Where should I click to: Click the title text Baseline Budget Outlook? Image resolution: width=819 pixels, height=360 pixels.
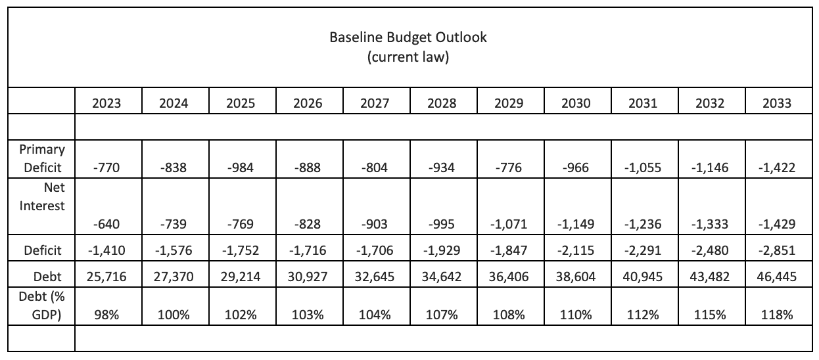click(x=408, y=37)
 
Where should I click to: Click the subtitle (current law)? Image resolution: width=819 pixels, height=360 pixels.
click(x=408, y=56)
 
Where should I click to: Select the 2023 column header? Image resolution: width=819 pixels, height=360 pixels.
click(x=108, y=103)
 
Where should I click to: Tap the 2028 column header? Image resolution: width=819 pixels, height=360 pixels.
click(x=442, y=103)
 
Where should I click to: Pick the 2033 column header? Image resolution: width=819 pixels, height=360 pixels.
click(x=778, y=103)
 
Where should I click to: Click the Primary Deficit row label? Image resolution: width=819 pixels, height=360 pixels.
click(x=43, y=158)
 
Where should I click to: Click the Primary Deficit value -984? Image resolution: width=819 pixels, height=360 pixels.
click(x=242, y=168)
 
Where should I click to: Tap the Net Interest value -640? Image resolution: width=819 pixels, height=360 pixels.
click(x=108, y=225)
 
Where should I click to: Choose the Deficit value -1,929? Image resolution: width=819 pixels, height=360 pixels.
click(x=442, y=250)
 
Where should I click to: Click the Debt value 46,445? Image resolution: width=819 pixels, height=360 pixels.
click(x=778, y=277)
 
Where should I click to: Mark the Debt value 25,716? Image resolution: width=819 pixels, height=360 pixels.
click(x=108, y=277)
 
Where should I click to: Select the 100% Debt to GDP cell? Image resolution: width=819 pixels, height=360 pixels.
click(x=175, y=315)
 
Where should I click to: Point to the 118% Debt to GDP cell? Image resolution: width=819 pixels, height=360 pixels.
click(x=778, y=315)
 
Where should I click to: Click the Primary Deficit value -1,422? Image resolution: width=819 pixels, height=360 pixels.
click(x=778, y=168)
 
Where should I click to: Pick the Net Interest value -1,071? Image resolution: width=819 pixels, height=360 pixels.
click(x=509, y=225)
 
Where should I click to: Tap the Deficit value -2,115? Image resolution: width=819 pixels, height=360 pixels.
click(x=576, y=250)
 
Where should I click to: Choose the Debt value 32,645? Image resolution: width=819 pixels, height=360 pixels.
click(x=375, y=277)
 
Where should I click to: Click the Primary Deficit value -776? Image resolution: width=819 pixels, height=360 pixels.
click(x=509, y=168)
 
